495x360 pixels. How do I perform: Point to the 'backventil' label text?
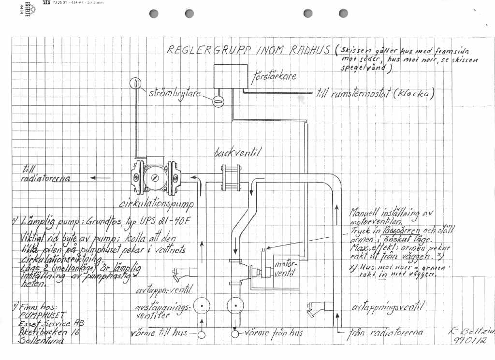click(x=237, y=153)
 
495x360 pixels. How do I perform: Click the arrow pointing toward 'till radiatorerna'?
click(x=100, y=178)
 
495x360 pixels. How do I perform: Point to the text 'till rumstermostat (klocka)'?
click(x=375, y=93)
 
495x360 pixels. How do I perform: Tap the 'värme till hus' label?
click(x=159, y=333)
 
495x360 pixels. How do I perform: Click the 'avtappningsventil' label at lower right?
click(x=388, y=307)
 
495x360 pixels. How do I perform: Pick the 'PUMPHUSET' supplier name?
click(x=37, y=315)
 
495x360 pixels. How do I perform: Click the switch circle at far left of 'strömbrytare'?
click(x=136, y=83)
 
